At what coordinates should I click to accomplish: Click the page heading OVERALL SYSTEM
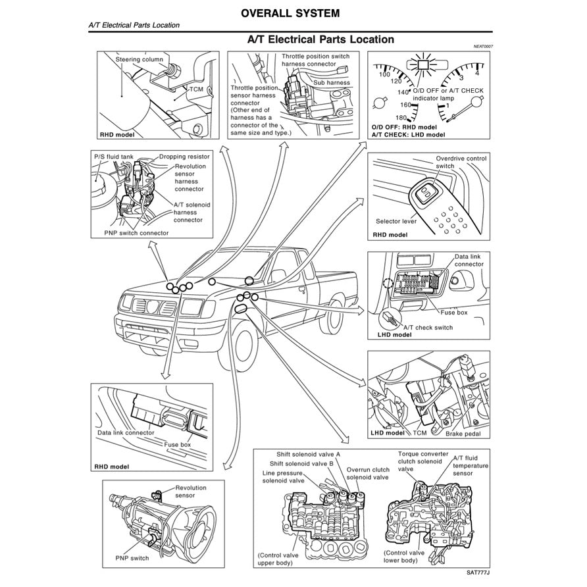click(x=290, y=13)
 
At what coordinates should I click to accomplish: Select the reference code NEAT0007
click(x=482, y=47)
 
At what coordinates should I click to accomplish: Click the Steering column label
click(x=140, y=60)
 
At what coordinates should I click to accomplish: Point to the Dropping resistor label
click(x=184, y=158)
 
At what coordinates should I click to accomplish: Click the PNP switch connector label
click(x=136, y=233)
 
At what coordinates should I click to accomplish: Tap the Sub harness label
click(x=332, y=83)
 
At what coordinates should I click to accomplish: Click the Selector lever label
click(x=396, y=222)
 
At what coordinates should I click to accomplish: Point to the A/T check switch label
click(x=428, y=327)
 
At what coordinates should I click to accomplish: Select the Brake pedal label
click(x=463, y=434)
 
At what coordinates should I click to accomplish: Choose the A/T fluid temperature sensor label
click(x=470, y=465)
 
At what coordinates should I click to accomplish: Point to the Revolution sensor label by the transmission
click(x=190, y=492)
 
